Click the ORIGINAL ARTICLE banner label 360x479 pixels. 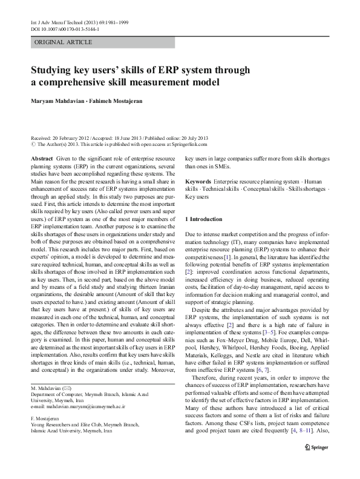(64, 42)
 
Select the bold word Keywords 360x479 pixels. (197, 182)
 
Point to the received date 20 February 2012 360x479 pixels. (71, 137)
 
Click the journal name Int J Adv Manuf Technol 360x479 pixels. (55, 22)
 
